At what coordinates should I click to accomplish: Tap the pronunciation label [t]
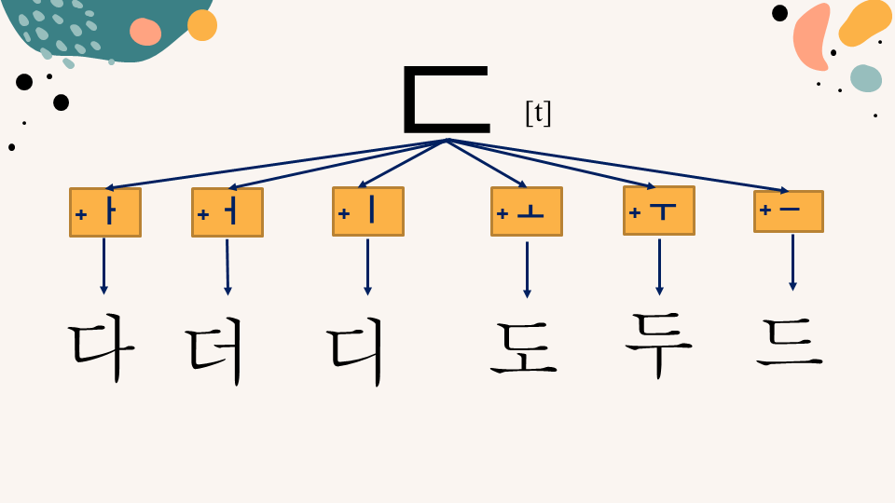[538, 113]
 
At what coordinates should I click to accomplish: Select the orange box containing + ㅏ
[105, 212]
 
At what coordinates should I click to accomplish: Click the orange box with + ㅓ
[227, 212]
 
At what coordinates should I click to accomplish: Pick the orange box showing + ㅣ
[368, 211]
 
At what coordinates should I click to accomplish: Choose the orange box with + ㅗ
[527, 211]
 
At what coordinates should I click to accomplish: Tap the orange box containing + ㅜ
[659, 211]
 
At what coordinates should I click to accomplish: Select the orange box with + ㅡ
[789, 211]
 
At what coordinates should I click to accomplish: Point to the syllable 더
[214, 351]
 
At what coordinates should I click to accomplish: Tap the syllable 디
[355, 351]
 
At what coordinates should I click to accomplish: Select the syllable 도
[523, 347]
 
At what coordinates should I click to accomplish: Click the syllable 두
[659, 344]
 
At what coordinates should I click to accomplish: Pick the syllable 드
[790, 341]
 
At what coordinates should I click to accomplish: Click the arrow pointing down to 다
[103, 266]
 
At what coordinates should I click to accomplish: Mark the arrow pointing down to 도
[527, 270]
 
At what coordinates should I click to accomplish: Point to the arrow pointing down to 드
[792, 263]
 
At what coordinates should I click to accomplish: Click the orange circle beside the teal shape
[202, 25]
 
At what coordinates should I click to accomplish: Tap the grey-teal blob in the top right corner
[866, 78]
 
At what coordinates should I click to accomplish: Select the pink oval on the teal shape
[145, 32]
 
